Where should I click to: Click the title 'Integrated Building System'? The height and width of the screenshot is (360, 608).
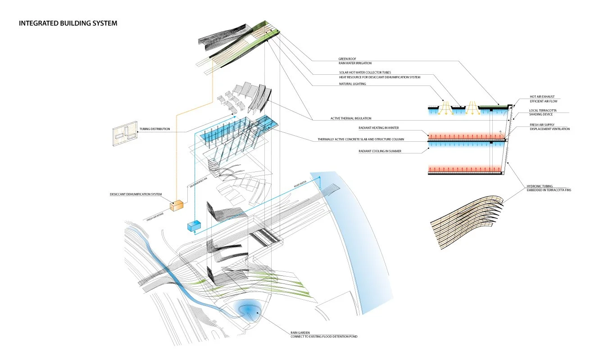click(68, 23)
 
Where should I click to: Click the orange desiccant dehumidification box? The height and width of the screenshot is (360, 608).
click(177, 205)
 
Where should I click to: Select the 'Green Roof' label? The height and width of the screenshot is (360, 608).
click(348, 58)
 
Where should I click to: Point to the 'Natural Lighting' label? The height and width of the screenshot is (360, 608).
click(352, 84)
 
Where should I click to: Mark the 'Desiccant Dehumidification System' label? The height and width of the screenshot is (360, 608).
click(136, 194)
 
